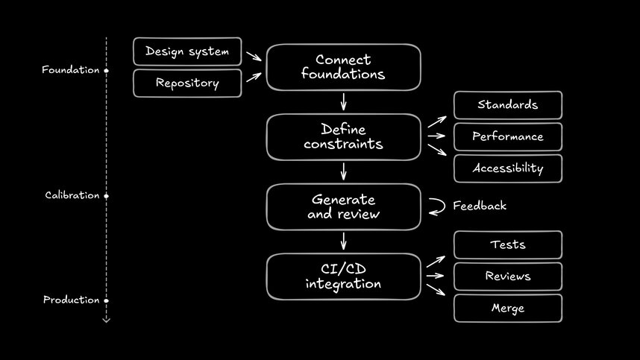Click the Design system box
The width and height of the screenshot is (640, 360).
pyautogui.click(x=187, y=51)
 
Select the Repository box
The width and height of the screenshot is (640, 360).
pyautogui.click(x=187, y=83)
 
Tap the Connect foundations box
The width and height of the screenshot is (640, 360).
pyautogui.click(x=343, y=67)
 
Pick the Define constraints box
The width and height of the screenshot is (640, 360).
pyautogui.click(x=343, y=137)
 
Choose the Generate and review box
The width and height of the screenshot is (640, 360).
pyautogui.click(x=343, y=207)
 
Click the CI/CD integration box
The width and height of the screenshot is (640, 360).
pyautogui.click(x=343, y=277)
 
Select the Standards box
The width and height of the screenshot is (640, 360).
pyautogui.click(x=507, y=105)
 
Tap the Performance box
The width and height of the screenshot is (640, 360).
pyautogui.click(x=507, y=136)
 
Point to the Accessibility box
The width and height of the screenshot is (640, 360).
pyautogui.click(x=507, y=168)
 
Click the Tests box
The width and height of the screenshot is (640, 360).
pyautogui.click(x=507, y=244)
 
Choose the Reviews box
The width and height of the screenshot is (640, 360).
pyautogui.click(x=507, y=277)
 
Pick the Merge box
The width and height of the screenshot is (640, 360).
pyautogui.click(x=507, y=308)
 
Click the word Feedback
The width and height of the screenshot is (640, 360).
pyautogui.click(x=480, y=206)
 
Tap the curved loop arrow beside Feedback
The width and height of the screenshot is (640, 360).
pyautogui.click(x=437, y=206)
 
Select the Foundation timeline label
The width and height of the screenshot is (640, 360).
pyautogui.click(x=70, y=70)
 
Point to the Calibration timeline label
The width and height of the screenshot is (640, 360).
pyautogui.click(x=72, y=195)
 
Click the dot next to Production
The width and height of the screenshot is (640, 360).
pyautogui.click(x=106, y=300)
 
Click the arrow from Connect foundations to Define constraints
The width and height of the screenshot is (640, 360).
pyautogui.click(x=343, y=101)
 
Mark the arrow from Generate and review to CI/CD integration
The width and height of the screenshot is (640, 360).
pyautogui.click(x=343, y=241)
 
